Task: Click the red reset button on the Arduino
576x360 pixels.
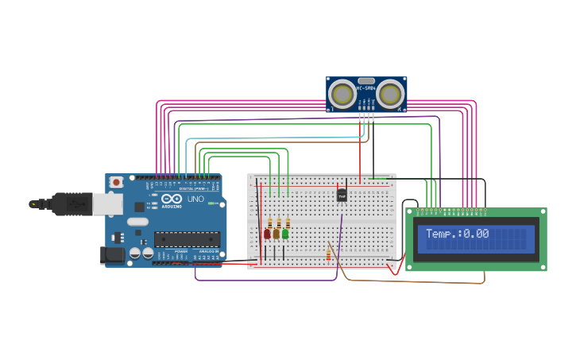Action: pos(117,182)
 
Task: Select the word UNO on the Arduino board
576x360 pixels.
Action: pos(195,199)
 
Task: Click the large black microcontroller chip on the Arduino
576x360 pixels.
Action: pos(187,238)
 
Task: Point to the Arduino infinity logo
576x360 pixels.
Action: pos(171,199)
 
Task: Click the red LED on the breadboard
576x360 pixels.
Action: pos(267,234)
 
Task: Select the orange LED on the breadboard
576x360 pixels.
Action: pos(276,234)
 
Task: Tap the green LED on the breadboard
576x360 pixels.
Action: pos(285,234)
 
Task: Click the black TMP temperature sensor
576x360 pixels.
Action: pos(342,195)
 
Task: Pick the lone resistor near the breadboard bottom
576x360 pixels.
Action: pos(329,254)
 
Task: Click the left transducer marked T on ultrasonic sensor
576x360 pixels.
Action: pos(343,95)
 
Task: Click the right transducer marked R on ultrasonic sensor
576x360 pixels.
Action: pos(389,95)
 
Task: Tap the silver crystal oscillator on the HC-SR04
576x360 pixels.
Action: pos(365,80)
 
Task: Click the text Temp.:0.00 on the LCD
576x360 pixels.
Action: pos(457,234)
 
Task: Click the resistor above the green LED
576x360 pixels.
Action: pos(288,223)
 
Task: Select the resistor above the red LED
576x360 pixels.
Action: pos(269,223)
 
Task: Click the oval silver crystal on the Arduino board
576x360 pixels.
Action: pos(137,222)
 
